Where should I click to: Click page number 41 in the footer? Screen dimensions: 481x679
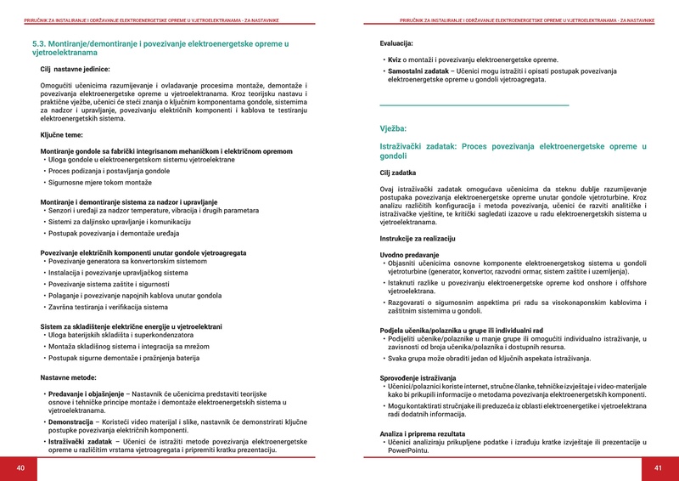(658, 468)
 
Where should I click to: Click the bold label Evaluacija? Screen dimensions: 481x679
(396, 42)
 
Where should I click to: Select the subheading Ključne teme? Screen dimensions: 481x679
(62, 134)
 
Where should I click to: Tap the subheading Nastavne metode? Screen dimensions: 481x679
(69, 376)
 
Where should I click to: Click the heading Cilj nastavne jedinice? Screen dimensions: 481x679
(75, 69)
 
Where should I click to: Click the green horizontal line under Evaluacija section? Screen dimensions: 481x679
(474, 105)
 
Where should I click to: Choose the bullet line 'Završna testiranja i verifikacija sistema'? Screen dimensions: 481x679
(102, 307)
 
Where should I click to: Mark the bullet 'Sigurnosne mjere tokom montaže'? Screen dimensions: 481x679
(99, 183)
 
